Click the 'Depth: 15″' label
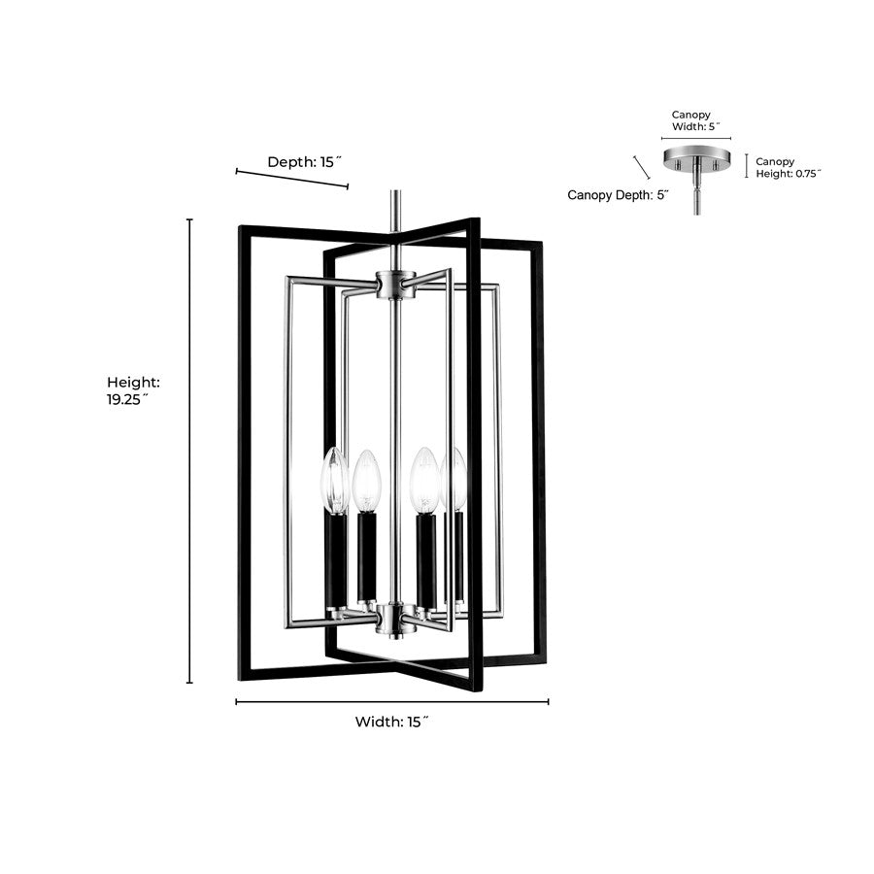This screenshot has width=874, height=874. point(304,162)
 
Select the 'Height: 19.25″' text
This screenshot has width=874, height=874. point(133,390)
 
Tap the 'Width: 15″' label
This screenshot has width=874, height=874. point(392,722)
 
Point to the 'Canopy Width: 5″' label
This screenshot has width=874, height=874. point(695,120)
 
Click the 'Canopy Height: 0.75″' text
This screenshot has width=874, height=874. point(789,167)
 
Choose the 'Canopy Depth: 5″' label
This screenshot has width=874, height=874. point(619,195)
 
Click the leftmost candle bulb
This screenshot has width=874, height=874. point(334,481)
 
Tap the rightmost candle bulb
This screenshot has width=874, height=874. point(454,480)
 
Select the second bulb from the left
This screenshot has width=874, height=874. point(366,481)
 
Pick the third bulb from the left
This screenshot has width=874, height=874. point(424,481)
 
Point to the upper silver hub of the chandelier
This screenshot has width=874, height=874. point(395,285)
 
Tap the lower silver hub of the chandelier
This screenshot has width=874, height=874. point(395,619)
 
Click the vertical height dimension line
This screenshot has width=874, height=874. point(189,451)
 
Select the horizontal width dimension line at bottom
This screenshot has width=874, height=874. point(392,702)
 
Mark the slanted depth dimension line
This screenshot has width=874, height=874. point(292,179)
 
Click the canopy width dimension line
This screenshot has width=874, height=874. point(696,138)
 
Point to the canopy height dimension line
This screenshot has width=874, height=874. point(747,166)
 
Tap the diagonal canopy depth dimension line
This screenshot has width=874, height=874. point(642,167)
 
